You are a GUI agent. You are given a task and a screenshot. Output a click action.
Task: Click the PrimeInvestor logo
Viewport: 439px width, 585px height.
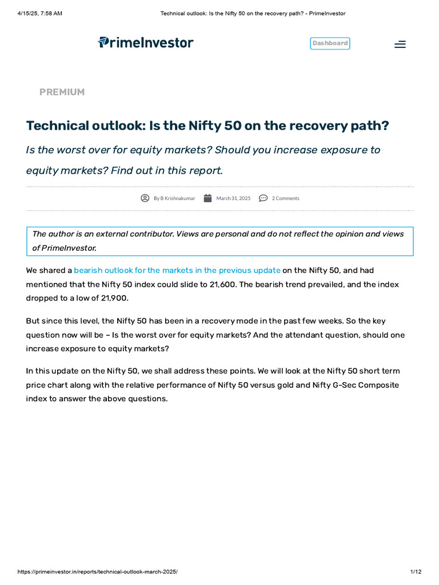pos(146,43)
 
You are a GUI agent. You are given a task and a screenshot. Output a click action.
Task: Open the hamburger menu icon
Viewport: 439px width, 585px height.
pos(400,44)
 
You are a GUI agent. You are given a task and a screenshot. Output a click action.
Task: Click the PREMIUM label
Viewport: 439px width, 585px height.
pos(62,92)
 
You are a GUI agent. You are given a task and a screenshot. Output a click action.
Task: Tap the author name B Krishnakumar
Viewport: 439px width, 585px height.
pos(177,198)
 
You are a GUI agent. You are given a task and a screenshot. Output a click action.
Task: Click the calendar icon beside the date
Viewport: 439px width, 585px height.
pos(207,198)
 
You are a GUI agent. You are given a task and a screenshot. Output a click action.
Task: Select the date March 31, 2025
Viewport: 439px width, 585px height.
pos(233,198)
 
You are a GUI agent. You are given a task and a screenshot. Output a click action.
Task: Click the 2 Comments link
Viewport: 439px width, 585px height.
pos(285,198)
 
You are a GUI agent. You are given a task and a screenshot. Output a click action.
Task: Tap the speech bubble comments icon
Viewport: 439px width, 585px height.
pos(263,198)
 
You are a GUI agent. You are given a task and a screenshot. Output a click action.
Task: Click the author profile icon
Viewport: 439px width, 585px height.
pos(145,198)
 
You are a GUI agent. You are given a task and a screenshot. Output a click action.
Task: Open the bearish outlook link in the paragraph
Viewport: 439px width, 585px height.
pos(177,270)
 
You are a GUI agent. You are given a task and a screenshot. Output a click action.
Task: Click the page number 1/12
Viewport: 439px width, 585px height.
pos(416,572)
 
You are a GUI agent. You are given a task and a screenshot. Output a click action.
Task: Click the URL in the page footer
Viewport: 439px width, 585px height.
pos(97,572)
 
